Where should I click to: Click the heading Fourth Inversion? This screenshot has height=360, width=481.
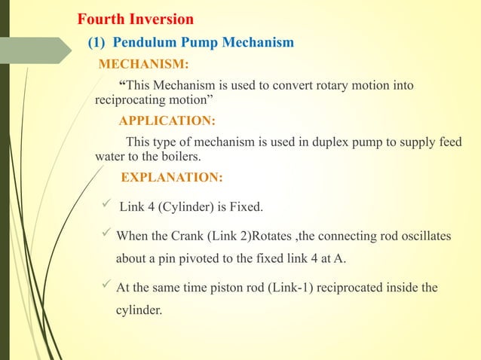(136, 18)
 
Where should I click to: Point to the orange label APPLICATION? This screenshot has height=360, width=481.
(167, 121)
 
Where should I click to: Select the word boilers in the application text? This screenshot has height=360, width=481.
(184, 157)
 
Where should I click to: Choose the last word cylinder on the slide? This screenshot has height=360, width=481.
(138, 308)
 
